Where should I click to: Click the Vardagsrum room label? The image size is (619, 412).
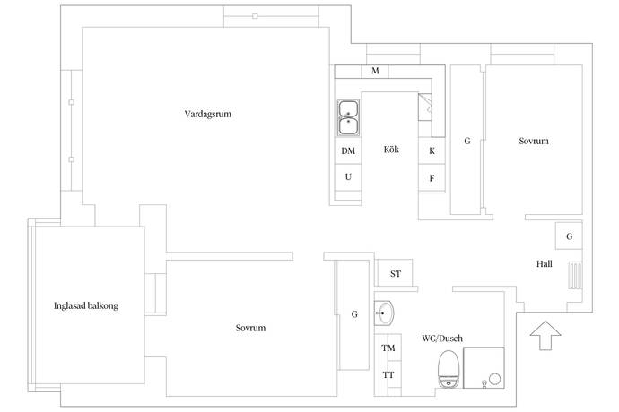tap(207, 114)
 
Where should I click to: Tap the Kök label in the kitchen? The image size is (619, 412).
tap(391, 150)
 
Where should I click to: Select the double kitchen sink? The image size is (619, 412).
tap(349, 117)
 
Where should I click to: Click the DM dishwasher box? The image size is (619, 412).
tap(348, 150)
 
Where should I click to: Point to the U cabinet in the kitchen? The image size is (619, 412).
tap(348, 177)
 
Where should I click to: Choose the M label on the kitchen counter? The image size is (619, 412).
tap(375, 71)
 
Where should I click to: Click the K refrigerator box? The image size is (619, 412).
tap(432, 150)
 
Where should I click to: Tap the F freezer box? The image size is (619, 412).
tap(432, 178)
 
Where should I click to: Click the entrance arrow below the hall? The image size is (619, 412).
tap(545, 335)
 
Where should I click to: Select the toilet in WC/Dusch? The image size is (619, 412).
tap(449, 369)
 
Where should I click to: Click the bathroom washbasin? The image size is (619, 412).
tap(384, 313)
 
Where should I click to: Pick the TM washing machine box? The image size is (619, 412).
tap(388, 348)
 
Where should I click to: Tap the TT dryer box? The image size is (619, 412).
tap(388, 374)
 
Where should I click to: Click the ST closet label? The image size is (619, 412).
tap(396, 273)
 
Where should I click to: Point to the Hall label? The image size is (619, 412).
tap(544, 263)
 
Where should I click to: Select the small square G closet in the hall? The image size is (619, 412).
tap(569, 236)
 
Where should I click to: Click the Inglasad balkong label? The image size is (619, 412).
tap(86, 306)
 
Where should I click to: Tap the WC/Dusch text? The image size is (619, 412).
tap(442, 339)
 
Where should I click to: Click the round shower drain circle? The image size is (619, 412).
tap(495, 379)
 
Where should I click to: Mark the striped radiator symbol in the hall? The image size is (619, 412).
tap(575, 276)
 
